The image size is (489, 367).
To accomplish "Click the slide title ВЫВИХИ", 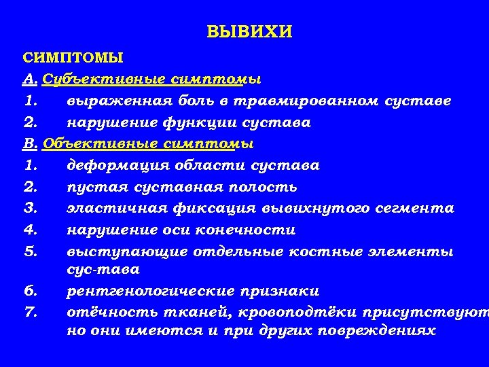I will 249,32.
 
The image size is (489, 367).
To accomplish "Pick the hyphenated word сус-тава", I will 103,270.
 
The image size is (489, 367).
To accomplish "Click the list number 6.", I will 29,291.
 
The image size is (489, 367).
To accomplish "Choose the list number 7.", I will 29,313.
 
